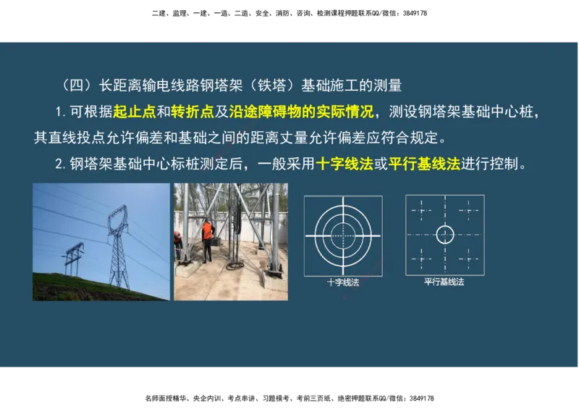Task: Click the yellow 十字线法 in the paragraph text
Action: tap(344, 164)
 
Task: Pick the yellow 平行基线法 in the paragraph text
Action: tap(424, 164)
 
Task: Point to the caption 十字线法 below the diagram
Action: tap(343, 282)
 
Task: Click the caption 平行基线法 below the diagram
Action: tap(444, 282)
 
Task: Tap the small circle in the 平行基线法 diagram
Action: tap(444, 234)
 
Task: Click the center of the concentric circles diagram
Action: tap(343, 234)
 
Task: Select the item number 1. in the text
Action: tap(60, 112)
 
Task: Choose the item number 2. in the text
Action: tap(60, 164)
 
